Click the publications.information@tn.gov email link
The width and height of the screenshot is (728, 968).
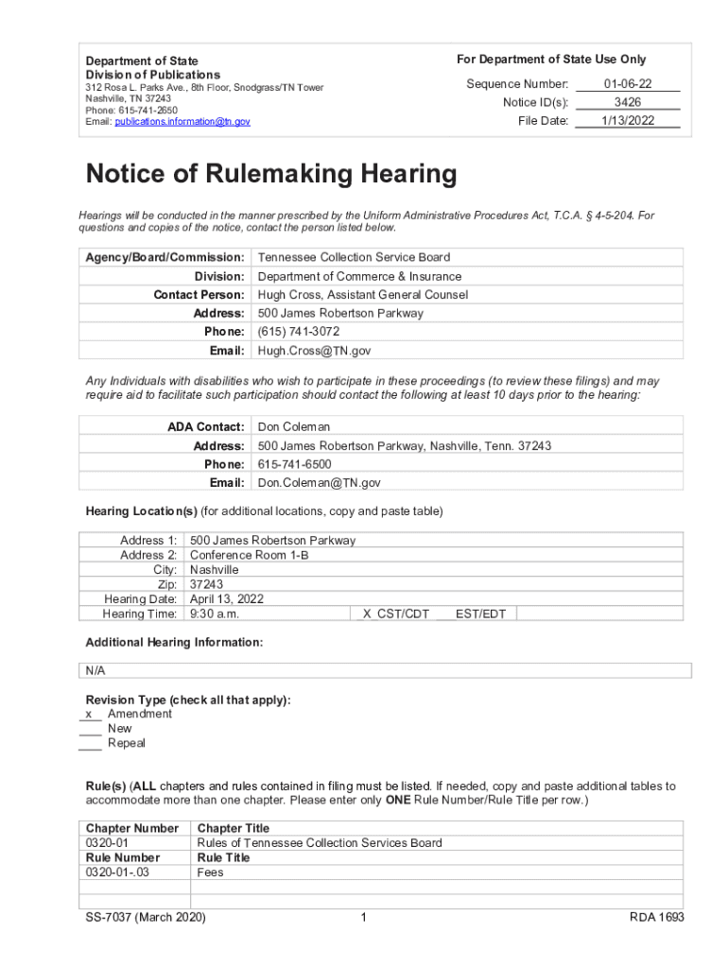pos(182,122)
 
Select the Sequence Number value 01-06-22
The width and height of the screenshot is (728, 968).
pos(628,84)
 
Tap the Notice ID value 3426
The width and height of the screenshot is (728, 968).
pos(628,102)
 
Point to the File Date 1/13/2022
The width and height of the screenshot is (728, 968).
pos(628,121)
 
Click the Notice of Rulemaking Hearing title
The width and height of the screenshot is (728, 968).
pos(271,175)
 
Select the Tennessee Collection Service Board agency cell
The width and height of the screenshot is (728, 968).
pos(354,257)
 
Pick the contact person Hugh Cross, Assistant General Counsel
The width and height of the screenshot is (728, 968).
pos(362,295)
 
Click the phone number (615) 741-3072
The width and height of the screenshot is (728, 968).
pos(298,332)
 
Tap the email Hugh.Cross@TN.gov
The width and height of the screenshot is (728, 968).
pos(314,351)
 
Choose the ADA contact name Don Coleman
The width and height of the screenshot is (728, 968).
pos(294,427)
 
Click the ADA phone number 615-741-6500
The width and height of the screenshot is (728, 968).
pos(294,464)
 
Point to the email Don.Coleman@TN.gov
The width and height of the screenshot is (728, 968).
pos(319,483)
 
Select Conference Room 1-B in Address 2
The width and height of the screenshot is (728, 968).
pos(249,556)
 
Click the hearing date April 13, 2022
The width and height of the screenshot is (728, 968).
pos(227,599)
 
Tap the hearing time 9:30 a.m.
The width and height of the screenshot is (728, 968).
pos(215,614)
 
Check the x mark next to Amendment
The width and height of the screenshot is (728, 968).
pos(88,715)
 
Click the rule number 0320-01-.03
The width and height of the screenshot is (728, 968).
pos(117,873)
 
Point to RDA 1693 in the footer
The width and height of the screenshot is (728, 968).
pos(656,918)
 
